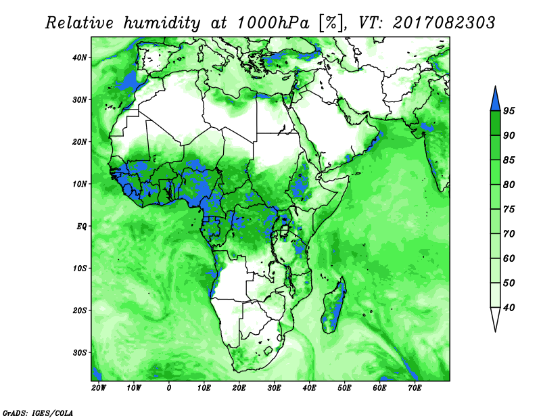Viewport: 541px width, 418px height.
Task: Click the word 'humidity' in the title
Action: pyautogui.click(x=162, y=24)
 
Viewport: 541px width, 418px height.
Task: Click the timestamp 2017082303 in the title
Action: pyautogui.click(x=444, y=23)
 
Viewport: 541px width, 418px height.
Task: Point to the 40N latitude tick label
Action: pyautogui.click(x=79, y=57)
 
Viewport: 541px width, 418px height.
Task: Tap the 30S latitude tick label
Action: pyautogui.click(x=79, y=353)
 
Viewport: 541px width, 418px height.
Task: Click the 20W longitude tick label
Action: pyautogui.click(x=99, y=388)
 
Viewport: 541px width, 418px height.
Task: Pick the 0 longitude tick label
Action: pyautogui.click(x=168, y=388)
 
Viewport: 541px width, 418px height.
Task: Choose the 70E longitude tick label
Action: pyautogui.click(x=415, y=388)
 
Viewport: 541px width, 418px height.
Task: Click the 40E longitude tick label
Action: pyautogui.click(x=309, y=388)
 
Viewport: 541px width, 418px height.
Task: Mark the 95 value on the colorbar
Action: pyautogui.click(x=509, y=111)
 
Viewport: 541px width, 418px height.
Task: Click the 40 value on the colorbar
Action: pyautogui.click(x=509, y=308)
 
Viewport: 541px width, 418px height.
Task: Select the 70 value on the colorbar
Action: pyautogui.click(x=509, y=233)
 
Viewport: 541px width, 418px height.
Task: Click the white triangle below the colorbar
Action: pyautogui.click(x=495, y=317)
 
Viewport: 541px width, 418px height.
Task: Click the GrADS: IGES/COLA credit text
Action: pyautogui.click(x=38, y=413)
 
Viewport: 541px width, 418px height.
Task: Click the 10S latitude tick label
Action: pyautogui.click(x=79, y=269)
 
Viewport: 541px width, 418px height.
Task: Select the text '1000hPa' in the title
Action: pyautogui.click(x=273, y=23)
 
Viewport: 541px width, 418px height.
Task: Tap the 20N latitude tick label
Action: pyautogui.click(x=79, y=142)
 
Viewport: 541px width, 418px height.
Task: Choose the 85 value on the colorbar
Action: pyautogui.click(x=509, y=160)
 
